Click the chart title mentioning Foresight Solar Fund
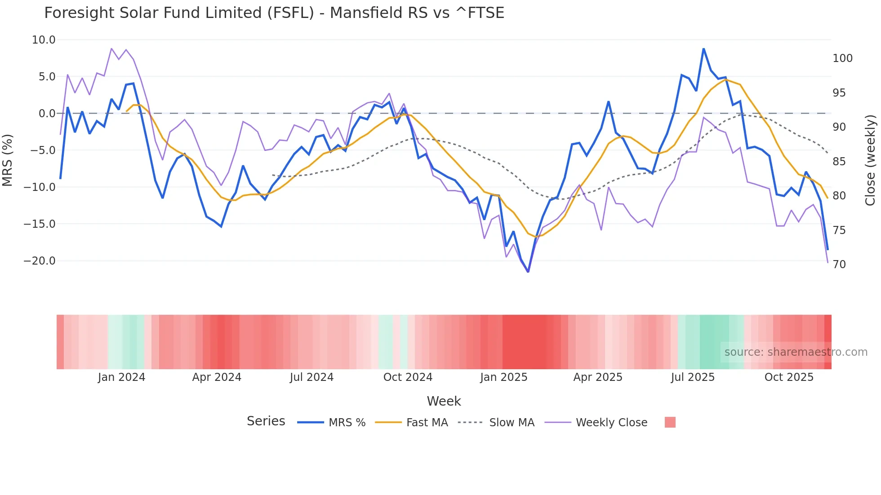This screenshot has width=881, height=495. (x=274, y=13)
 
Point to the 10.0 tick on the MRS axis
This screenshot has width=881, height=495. (x=44, y=40)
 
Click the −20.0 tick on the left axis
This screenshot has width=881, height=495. (x=40, y=261)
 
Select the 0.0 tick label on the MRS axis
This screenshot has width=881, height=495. (x=47, y=114)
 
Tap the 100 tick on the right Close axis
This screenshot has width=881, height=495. (x=842, y=58)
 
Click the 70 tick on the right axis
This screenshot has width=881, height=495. (x=839, y=265)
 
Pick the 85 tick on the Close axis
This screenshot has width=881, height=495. (x=839, y=162)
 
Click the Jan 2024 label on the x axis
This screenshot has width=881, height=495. (x=121, y=377)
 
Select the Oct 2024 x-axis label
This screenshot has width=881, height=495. (x=408, y=377)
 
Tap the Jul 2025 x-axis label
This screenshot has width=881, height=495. (x=693, y=377)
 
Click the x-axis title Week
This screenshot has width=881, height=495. (x=444, y=401)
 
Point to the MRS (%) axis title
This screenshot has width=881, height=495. (x=8, y=160)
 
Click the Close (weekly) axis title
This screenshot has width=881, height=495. (x=871, y=160)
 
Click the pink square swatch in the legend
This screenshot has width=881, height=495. (x=670, y=422)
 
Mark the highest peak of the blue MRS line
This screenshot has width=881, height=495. (x=703, y=49)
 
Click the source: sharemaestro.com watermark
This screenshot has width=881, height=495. (x=796, y=352)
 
